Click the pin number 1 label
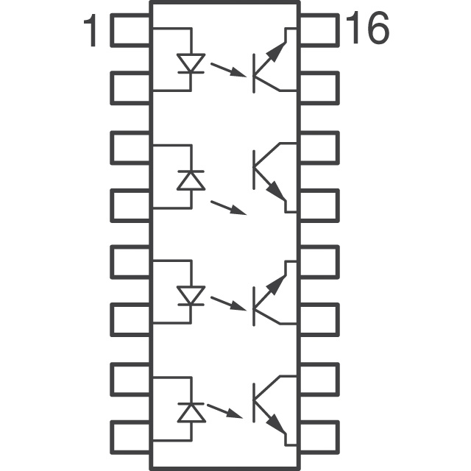(91, 30)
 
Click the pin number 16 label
(367, 28)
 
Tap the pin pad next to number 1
(130, 30)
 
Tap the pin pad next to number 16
(319, 30)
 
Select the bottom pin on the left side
(130, 437)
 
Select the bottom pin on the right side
(319, 437)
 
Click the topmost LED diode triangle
(191, 63)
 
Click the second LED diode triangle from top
(191, 180)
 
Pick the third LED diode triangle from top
(191, 296)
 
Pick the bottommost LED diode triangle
(191, 412)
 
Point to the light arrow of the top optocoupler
(228, 70)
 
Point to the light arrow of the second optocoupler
(228, 208)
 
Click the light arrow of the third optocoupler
(228, 303)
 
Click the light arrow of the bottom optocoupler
(224, 411)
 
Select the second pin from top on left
(130, 88)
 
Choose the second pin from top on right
(319, 88)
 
